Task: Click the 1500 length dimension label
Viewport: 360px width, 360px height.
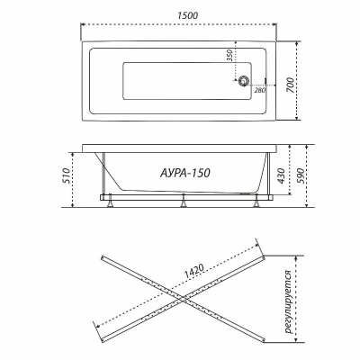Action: click(x=187, y=15)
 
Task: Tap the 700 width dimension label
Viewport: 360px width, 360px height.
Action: click(x=290, y=85)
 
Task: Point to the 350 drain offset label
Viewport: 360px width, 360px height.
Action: click(x=229, y=56)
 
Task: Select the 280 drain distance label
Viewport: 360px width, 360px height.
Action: click(x=260, y=90)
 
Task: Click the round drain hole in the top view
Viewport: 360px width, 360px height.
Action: click(x=243, y=81)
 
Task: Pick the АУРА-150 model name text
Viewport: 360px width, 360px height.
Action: click(x=185, y=173)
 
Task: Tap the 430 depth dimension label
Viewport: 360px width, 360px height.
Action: click(x=281, y=176)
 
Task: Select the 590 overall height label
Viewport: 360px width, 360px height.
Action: click(x=301, y=176)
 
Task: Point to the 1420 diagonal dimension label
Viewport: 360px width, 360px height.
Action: click(x=194, y=270)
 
